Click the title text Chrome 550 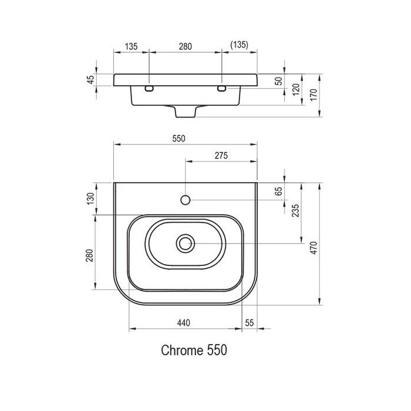pyautogui.click(x=194, y=350)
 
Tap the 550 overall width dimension pyautogui.click(x=178, y=139)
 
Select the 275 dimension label pyautogui.click(x=221, y=156)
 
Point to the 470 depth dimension pyautogui.click(x=314, y=248)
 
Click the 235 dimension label pyautogui.click(x=295, y=210)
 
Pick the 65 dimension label pyautogui.click(x=279, y=191)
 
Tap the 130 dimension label pyautogui.click(x=90, y=198)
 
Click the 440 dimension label pyautogui.click(x=183, y=323)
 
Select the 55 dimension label pyautogui.click(x=250, y=323)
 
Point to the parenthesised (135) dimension pyautogui.click(x=240, y=45)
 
